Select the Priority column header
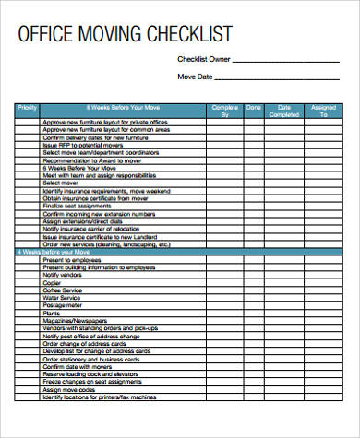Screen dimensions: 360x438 27,109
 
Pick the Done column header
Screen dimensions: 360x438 253,109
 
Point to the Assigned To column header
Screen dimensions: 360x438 324,112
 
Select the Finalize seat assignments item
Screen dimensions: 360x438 78,205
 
